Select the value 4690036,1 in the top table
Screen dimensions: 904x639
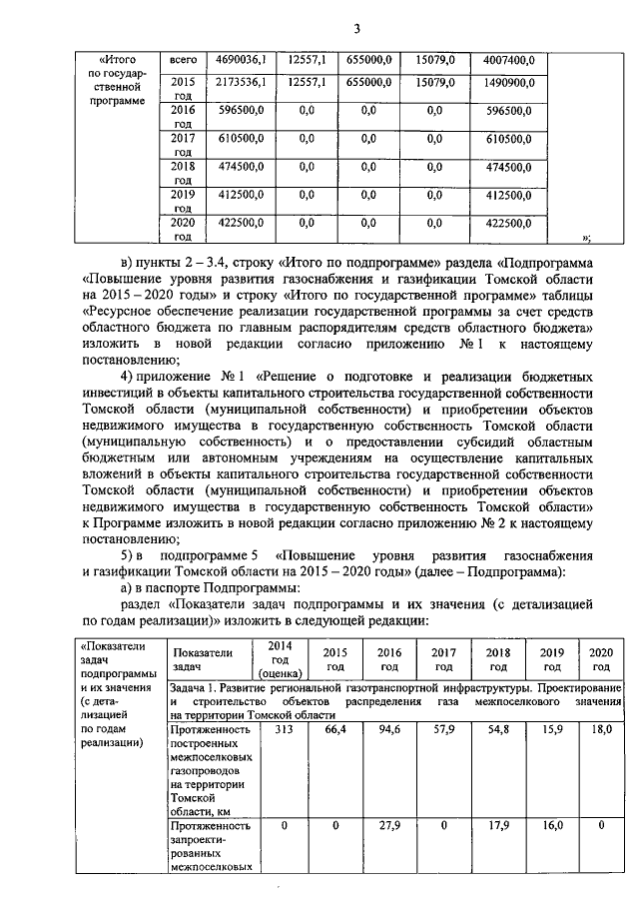click(x=239, y=62)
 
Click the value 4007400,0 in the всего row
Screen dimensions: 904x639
click(x=509, y=62)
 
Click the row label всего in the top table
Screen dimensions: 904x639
click(x=183, y=62)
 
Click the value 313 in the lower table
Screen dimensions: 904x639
click(x=281, y=730)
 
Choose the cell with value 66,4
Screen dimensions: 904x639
click(x=335, y=730)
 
